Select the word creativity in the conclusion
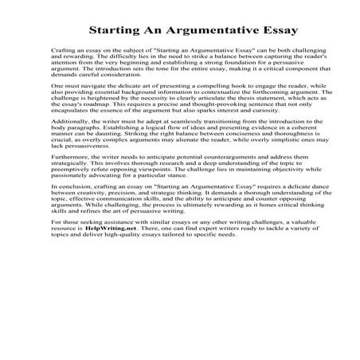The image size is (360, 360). point(100,225)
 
